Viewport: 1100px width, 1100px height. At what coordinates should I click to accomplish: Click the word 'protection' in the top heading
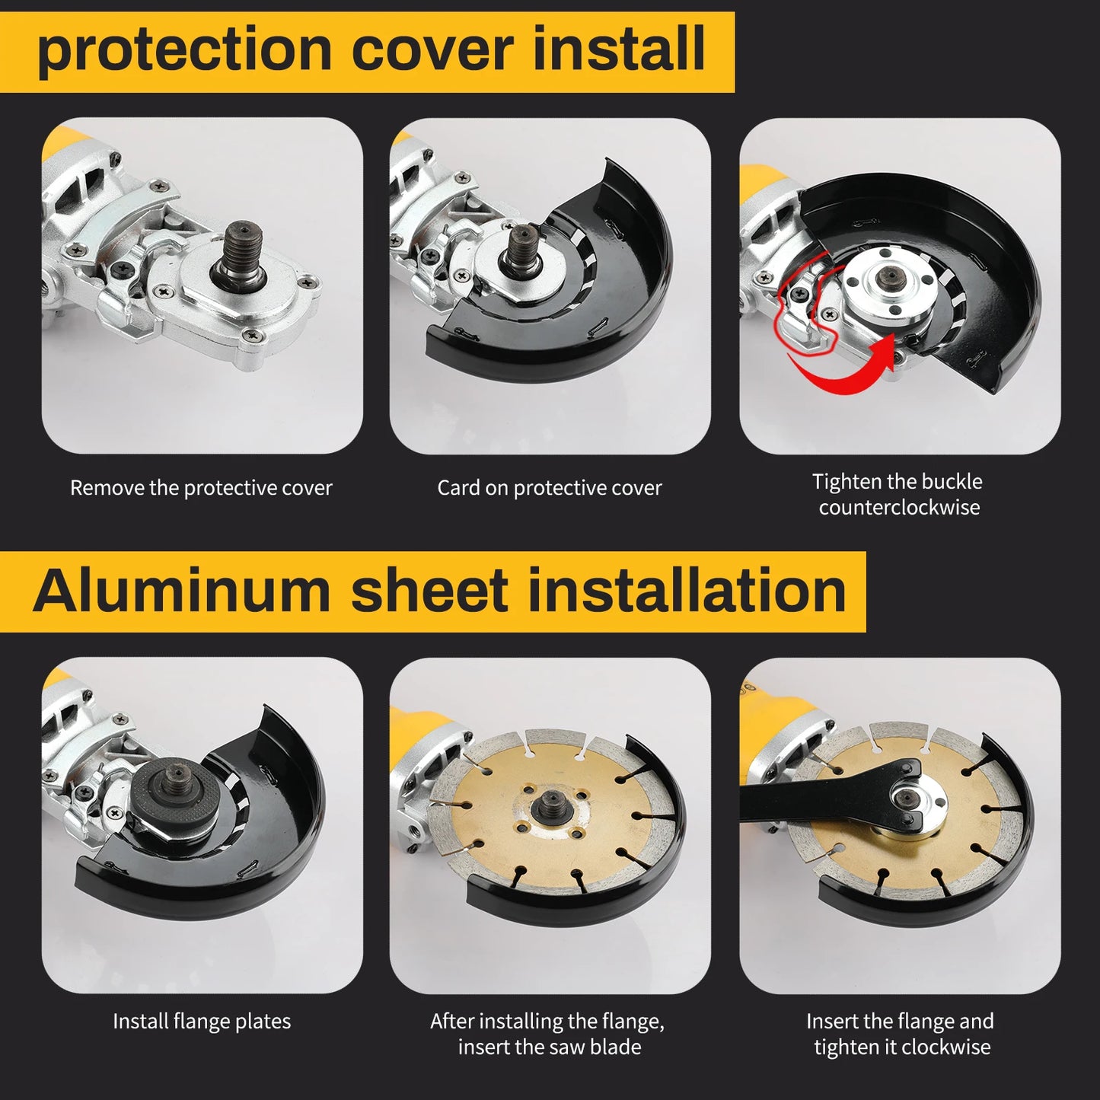point(183,50)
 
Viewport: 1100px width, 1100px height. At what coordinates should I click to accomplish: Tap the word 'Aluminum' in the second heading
point(180,591)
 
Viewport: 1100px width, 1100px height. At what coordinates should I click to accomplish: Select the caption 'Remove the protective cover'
point(201,488)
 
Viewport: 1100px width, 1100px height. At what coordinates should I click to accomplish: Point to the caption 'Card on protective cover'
point(549,488)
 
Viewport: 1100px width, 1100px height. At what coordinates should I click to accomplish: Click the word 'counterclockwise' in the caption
point(899,508)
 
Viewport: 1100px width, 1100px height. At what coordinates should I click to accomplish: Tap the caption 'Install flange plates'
point(202,1022)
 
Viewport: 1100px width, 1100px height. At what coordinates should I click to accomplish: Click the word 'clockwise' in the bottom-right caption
point(946,1047)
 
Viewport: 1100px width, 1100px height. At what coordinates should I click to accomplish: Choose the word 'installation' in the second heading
point(687,591)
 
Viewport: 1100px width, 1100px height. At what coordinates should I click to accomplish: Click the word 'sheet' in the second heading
point(429,591)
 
